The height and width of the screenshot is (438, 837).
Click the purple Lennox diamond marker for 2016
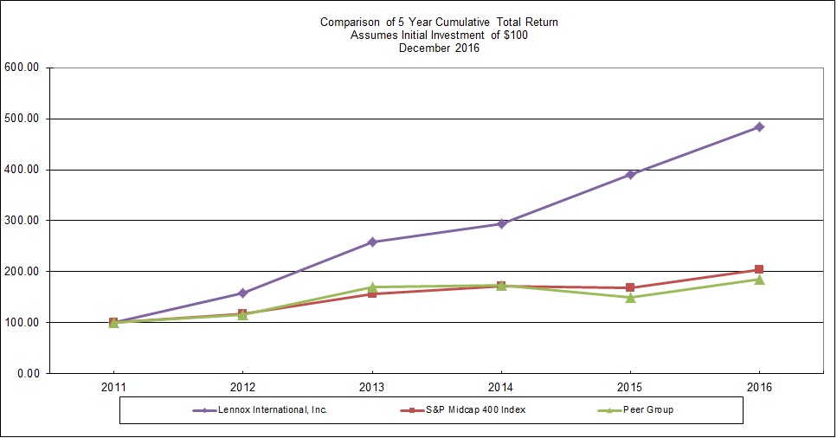point(759,127)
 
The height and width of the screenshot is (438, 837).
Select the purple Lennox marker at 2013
point(372,242)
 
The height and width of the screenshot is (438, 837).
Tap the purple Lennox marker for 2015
point(631,175)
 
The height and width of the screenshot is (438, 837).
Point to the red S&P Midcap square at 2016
point(759,270)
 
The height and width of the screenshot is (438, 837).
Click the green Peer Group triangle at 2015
point(631,298)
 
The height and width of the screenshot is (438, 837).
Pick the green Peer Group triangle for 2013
point(372,287)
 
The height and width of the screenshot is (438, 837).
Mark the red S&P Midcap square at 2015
point(631,287)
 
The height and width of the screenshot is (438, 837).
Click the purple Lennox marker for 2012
point(242,293)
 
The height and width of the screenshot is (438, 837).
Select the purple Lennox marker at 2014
point(501,224)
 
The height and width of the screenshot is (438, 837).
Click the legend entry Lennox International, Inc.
point(268,409)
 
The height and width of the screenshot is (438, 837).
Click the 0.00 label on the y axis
point(33,373)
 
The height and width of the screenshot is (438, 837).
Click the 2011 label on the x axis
point(113,387)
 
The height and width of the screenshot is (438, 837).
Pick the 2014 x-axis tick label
point(501,387)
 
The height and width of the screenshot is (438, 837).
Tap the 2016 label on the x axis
point(759,387)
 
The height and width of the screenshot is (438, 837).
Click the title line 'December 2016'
point(439,48)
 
